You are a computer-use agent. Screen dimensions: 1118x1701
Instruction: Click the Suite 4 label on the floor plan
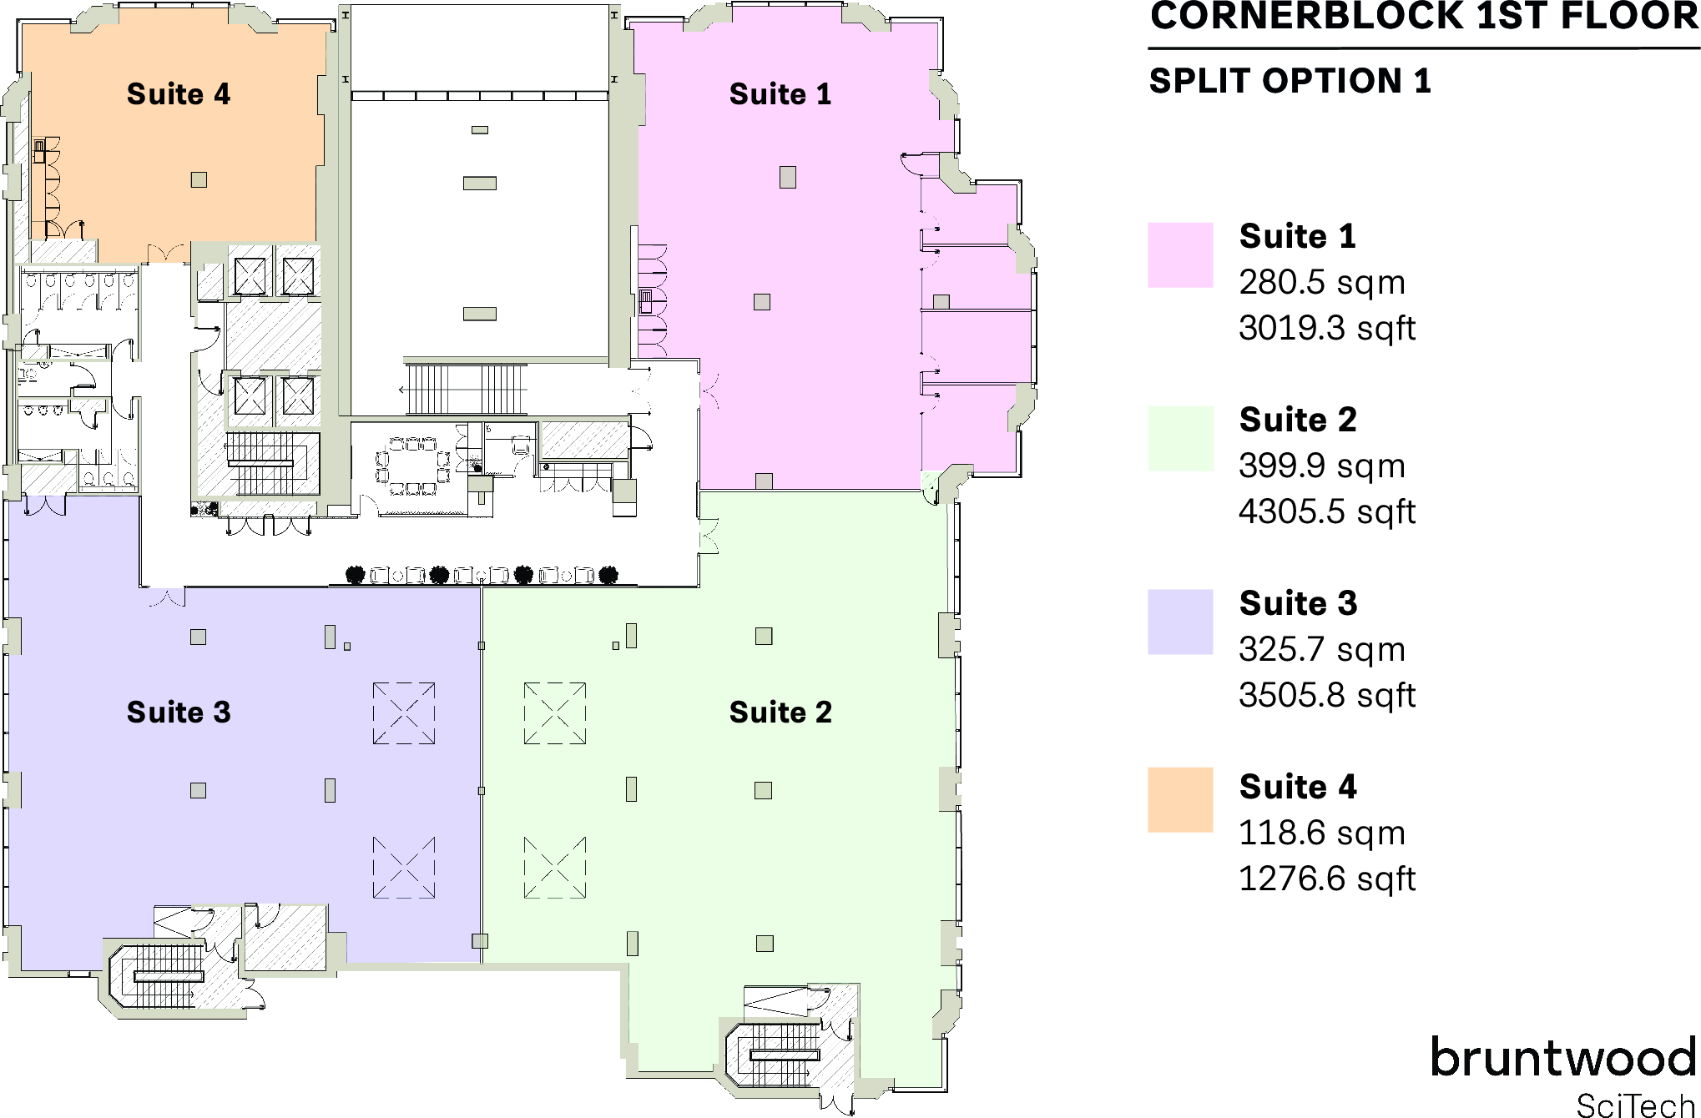[x=178, y=94]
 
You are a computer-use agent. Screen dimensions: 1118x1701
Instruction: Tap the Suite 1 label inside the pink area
[x=780, y=94]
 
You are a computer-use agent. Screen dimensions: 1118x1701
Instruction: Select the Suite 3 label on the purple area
[x=178, y=713]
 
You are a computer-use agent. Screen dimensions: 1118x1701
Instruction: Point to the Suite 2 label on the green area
[x=780, y=713]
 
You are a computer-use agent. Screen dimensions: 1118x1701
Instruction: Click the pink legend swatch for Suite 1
[x=1179, y=254]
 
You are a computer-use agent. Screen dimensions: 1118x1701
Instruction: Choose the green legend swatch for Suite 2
[x=1179, y=438]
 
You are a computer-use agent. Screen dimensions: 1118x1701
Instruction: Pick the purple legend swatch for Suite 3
[x=1179, y=622]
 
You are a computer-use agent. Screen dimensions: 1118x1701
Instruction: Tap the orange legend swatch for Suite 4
[x=1179, y=799]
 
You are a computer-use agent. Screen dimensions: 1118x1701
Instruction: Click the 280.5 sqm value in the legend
[x=1321, y=283]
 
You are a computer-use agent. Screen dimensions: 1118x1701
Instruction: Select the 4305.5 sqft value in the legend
[x=1326, y=512]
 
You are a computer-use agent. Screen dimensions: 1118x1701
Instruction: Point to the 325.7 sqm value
[x=1321, y=650]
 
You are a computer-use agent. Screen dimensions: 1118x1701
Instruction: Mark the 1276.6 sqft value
[x=1326, y=879]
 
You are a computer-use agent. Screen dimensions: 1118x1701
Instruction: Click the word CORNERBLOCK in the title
[x=1306, y=17]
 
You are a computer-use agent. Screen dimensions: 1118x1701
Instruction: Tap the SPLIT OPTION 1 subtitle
[x=1290, y=82]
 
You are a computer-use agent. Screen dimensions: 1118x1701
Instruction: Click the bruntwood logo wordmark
[x=1562, y=1058]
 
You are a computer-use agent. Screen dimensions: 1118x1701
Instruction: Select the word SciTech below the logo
[x=1634, y=1105]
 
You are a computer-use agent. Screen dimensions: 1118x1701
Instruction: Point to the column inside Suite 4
[x=199, y=179]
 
